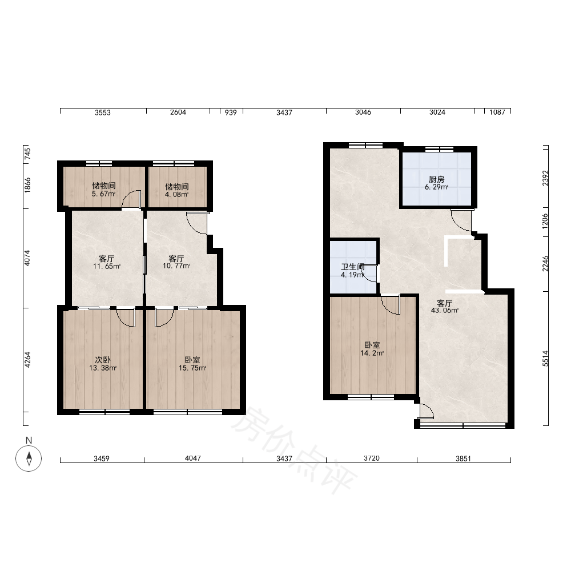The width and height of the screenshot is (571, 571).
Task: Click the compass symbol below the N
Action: coord(29,458)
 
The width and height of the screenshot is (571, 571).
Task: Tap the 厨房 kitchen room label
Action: coord(436,179)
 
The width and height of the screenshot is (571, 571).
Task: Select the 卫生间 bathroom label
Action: coord(352,267)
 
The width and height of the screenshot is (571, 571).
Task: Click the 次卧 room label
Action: coord(103,360)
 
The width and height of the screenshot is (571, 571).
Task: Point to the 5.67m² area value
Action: coord(104,194)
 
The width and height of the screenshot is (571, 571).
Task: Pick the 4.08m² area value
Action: coord(176,195)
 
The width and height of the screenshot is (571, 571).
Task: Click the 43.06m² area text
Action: coord(445,311)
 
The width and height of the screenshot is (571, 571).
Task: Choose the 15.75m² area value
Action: coord(192,368)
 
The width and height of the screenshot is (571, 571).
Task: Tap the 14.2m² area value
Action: coord(372,353)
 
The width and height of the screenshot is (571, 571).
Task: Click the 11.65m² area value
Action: coord(107,266)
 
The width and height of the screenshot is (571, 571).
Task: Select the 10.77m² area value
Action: coord(176,266)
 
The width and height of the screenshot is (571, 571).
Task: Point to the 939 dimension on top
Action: coord(231,112)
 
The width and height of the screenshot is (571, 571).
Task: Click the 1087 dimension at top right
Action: coord(497,112)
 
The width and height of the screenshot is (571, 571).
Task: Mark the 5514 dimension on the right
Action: coord(545,359)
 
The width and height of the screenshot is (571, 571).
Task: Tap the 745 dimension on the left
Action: coord(27,154)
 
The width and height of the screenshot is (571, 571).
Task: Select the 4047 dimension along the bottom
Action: coord(192,458)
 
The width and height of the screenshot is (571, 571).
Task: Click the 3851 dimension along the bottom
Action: coord(463,459)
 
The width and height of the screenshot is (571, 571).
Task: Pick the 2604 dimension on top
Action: coord(178,112)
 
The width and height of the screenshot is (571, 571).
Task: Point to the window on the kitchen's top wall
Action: coord(439,148)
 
